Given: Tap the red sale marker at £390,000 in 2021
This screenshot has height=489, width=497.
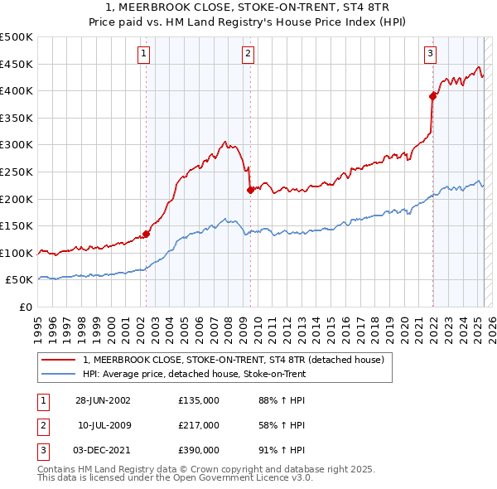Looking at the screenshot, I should [x=432, y=95].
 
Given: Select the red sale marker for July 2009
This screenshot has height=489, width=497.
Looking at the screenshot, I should [x=250, y=190].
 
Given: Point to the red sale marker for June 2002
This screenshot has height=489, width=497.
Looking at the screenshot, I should [x=147, y=234].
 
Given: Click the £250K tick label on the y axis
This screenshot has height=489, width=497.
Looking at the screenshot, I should [x=17, y=172].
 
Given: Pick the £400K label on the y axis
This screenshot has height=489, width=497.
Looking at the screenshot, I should [x=17, y=90].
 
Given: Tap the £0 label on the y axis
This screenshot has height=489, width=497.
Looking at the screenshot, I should [x=26, y=307].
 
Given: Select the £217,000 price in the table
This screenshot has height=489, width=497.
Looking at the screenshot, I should [x=198, y=425].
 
